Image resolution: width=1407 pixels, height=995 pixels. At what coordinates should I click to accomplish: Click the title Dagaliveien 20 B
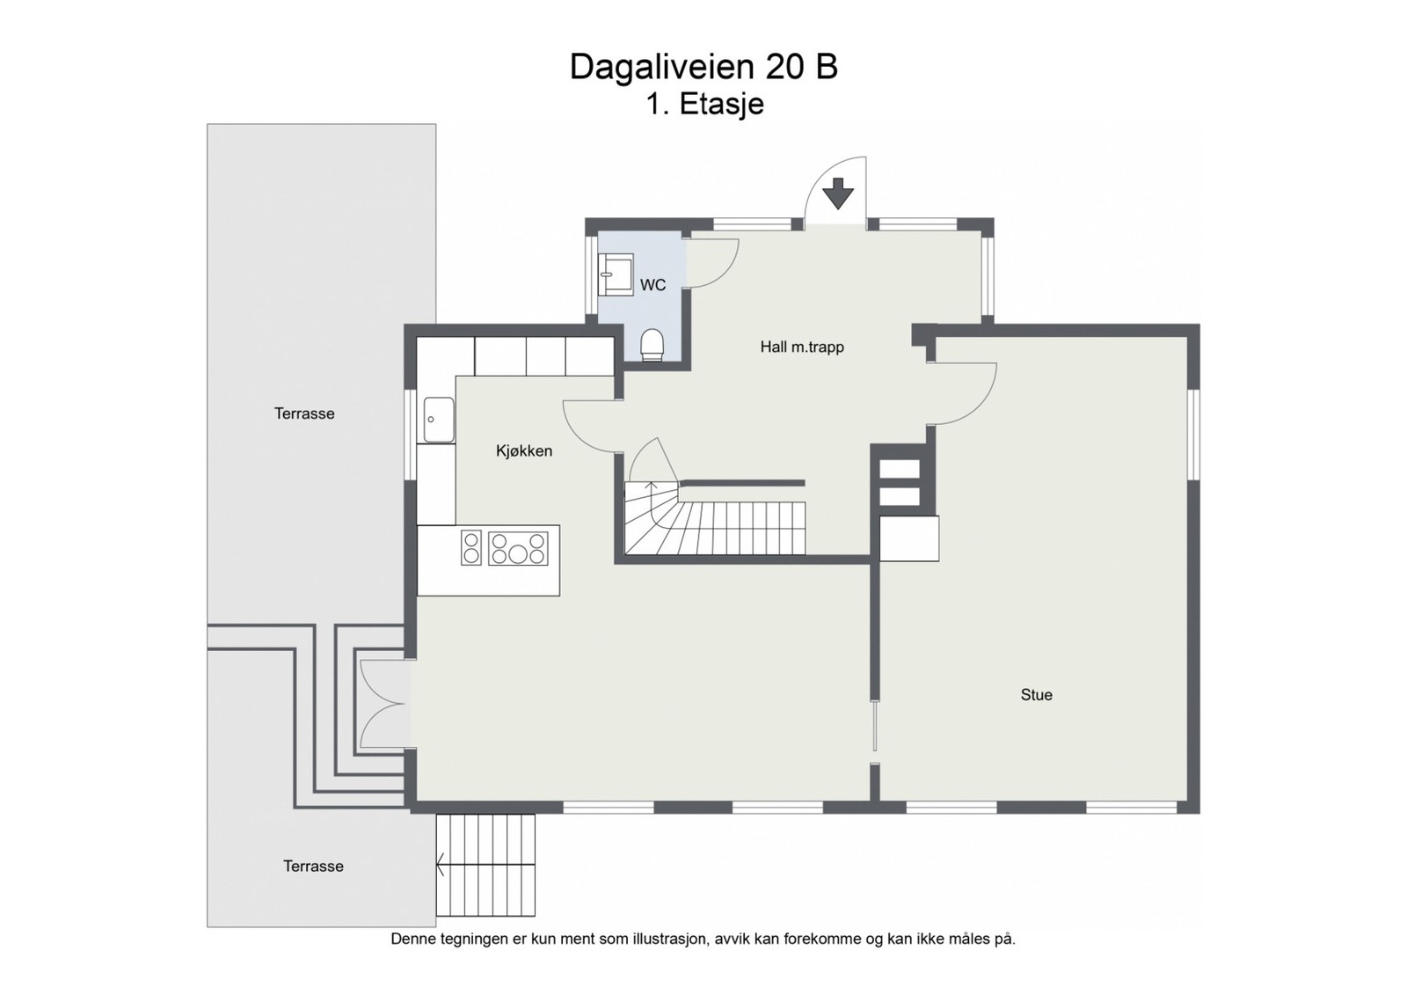703,67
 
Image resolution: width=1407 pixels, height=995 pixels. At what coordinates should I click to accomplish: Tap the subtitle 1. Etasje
704,105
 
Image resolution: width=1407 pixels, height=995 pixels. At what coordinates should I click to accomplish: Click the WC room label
652,285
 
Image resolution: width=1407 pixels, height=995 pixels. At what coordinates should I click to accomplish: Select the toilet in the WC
652,345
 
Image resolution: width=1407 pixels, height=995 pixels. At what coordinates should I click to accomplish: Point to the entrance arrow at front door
837,194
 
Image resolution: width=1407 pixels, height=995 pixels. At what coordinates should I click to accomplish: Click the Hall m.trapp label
802,347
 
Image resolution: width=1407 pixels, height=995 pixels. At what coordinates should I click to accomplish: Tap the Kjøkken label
524,451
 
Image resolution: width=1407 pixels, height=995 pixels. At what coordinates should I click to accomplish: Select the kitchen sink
439,420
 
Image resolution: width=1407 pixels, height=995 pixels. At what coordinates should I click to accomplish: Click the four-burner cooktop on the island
518,548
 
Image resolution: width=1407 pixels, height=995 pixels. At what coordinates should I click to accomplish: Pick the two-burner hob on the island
471,548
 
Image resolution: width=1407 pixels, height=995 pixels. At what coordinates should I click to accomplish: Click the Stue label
1036,695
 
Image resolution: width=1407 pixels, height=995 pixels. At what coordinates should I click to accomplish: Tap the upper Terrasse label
304,413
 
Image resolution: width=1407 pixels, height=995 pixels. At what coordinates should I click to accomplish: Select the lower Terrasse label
313,867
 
